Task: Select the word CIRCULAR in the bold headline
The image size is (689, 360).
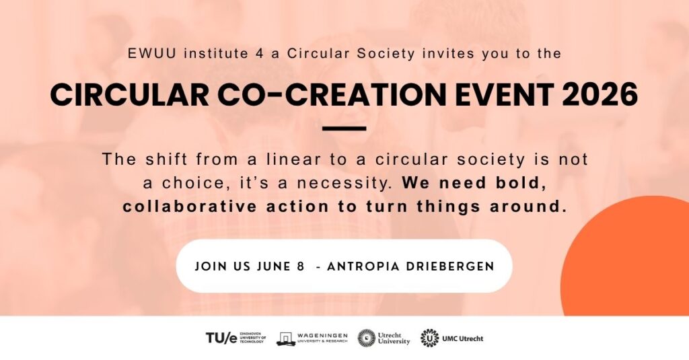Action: coord(130,94)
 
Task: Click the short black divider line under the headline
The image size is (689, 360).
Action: coord(344,129)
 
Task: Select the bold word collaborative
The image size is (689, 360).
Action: coord(189,206)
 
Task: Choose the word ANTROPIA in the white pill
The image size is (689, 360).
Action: coord(363,267)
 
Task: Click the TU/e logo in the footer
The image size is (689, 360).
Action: coord(235,338)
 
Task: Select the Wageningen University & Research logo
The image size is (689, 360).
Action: coord(312,338)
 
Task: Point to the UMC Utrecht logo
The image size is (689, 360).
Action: coord(451,338)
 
